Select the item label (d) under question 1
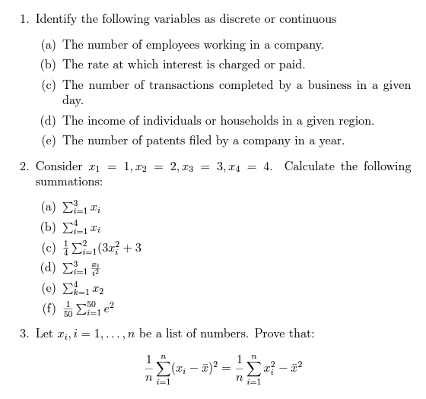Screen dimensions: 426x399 pos(49,121)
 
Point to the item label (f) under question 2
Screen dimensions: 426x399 pos(48,309)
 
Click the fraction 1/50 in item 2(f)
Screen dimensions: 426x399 pos(67,309)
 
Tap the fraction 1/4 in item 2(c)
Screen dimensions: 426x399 pos(66,248)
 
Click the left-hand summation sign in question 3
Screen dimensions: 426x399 pos(161,368)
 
